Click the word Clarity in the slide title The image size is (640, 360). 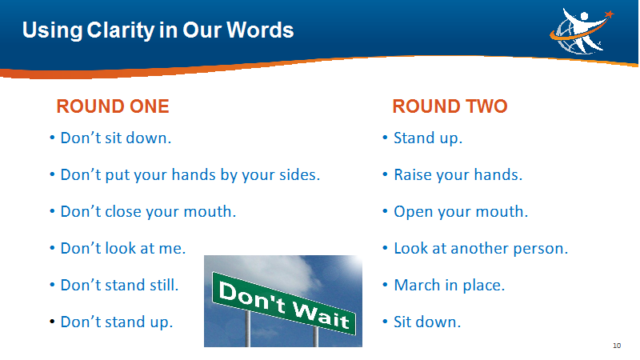(x=121, y=30)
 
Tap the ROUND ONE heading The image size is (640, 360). (x=113, y=106)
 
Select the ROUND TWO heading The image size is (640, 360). (x=450, y=106)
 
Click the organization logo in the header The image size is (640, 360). (x=582, y=31)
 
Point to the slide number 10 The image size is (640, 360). (x=617, y=346)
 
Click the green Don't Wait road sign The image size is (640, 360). (x=284, y=303)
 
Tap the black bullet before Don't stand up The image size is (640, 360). (x=52, y=322)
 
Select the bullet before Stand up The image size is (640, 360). (x=385, y=138)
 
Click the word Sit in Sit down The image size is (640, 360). (x=402, y=322)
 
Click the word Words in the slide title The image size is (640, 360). (x=260, y=30)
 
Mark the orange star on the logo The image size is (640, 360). (x=609, y=14)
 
